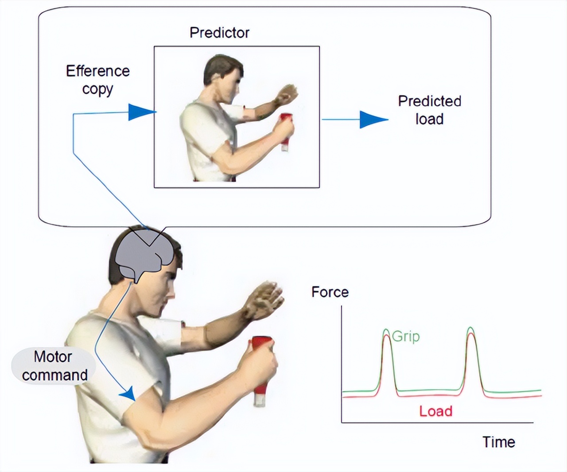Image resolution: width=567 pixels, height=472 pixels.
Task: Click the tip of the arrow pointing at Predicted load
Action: pyautogui.click(x=388, y=119)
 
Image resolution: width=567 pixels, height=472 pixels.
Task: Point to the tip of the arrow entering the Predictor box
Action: pyautogui.click(x=157, y=112)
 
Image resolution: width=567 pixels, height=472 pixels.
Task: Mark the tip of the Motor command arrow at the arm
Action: pyautogui.click(x=135, y=401)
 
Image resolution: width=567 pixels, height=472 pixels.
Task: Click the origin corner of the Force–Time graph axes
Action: pyautogui.click(x=342, y=422)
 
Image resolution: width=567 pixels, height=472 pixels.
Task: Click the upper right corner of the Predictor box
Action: pyautogui.click(x=319, y=46)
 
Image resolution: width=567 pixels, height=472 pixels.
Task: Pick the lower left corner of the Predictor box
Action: pyautogui.click(x=154, y=187)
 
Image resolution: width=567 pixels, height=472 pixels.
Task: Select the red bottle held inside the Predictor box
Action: pyautogui.click(x=286, y=132)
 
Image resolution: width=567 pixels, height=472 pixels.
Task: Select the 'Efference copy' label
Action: pyautogui.click(x=98, y=80)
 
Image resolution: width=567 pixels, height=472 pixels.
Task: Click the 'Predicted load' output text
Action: pyautogui.click(x=430, y=110)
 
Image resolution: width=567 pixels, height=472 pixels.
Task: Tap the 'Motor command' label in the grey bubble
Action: pyautogui.click(x=54, y=365)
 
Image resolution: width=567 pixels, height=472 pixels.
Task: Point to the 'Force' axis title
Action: pyautogui.click(x=330, y=292)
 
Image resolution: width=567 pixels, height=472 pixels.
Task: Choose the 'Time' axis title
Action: pyautogui.click(x=499, y=442)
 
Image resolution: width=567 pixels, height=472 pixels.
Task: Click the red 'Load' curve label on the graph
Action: pyautogui.click(x=436, y=411)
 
